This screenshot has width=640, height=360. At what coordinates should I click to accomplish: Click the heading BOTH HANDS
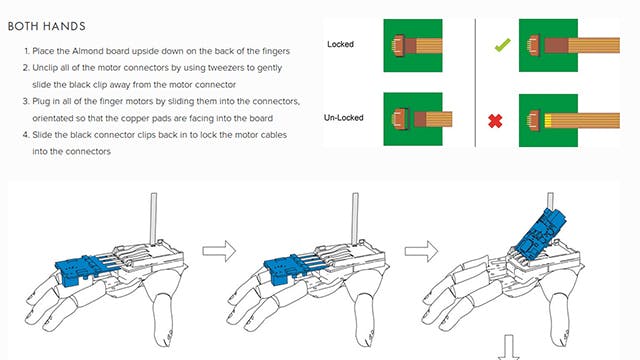[47, 27]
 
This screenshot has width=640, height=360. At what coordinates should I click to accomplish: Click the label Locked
[340, 44]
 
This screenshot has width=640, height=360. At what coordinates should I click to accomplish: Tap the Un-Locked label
[343, 118]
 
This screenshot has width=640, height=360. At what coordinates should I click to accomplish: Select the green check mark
[502, 44]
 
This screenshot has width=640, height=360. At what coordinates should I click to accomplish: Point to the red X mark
[495, 121]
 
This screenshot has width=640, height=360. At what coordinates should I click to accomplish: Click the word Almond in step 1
[87, 51]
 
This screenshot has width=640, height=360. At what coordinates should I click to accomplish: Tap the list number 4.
[26, 135]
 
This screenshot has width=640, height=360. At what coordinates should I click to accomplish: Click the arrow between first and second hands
[219, 251]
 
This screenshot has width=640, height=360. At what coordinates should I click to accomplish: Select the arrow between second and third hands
[421, 251]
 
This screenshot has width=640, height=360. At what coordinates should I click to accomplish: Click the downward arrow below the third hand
[509, 347]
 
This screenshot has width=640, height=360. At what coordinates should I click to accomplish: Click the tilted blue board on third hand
[540, 231]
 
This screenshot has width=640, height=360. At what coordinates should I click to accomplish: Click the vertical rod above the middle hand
[355, 218]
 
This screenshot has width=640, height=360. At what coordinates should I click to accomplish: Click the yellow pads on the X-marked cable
[548, 120]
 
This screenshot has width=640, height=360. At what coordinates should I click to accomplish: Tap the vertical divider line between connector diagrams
[475, 82]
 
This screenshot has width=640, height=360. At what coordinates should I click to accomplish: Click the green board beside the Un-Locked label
[413, 119]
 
